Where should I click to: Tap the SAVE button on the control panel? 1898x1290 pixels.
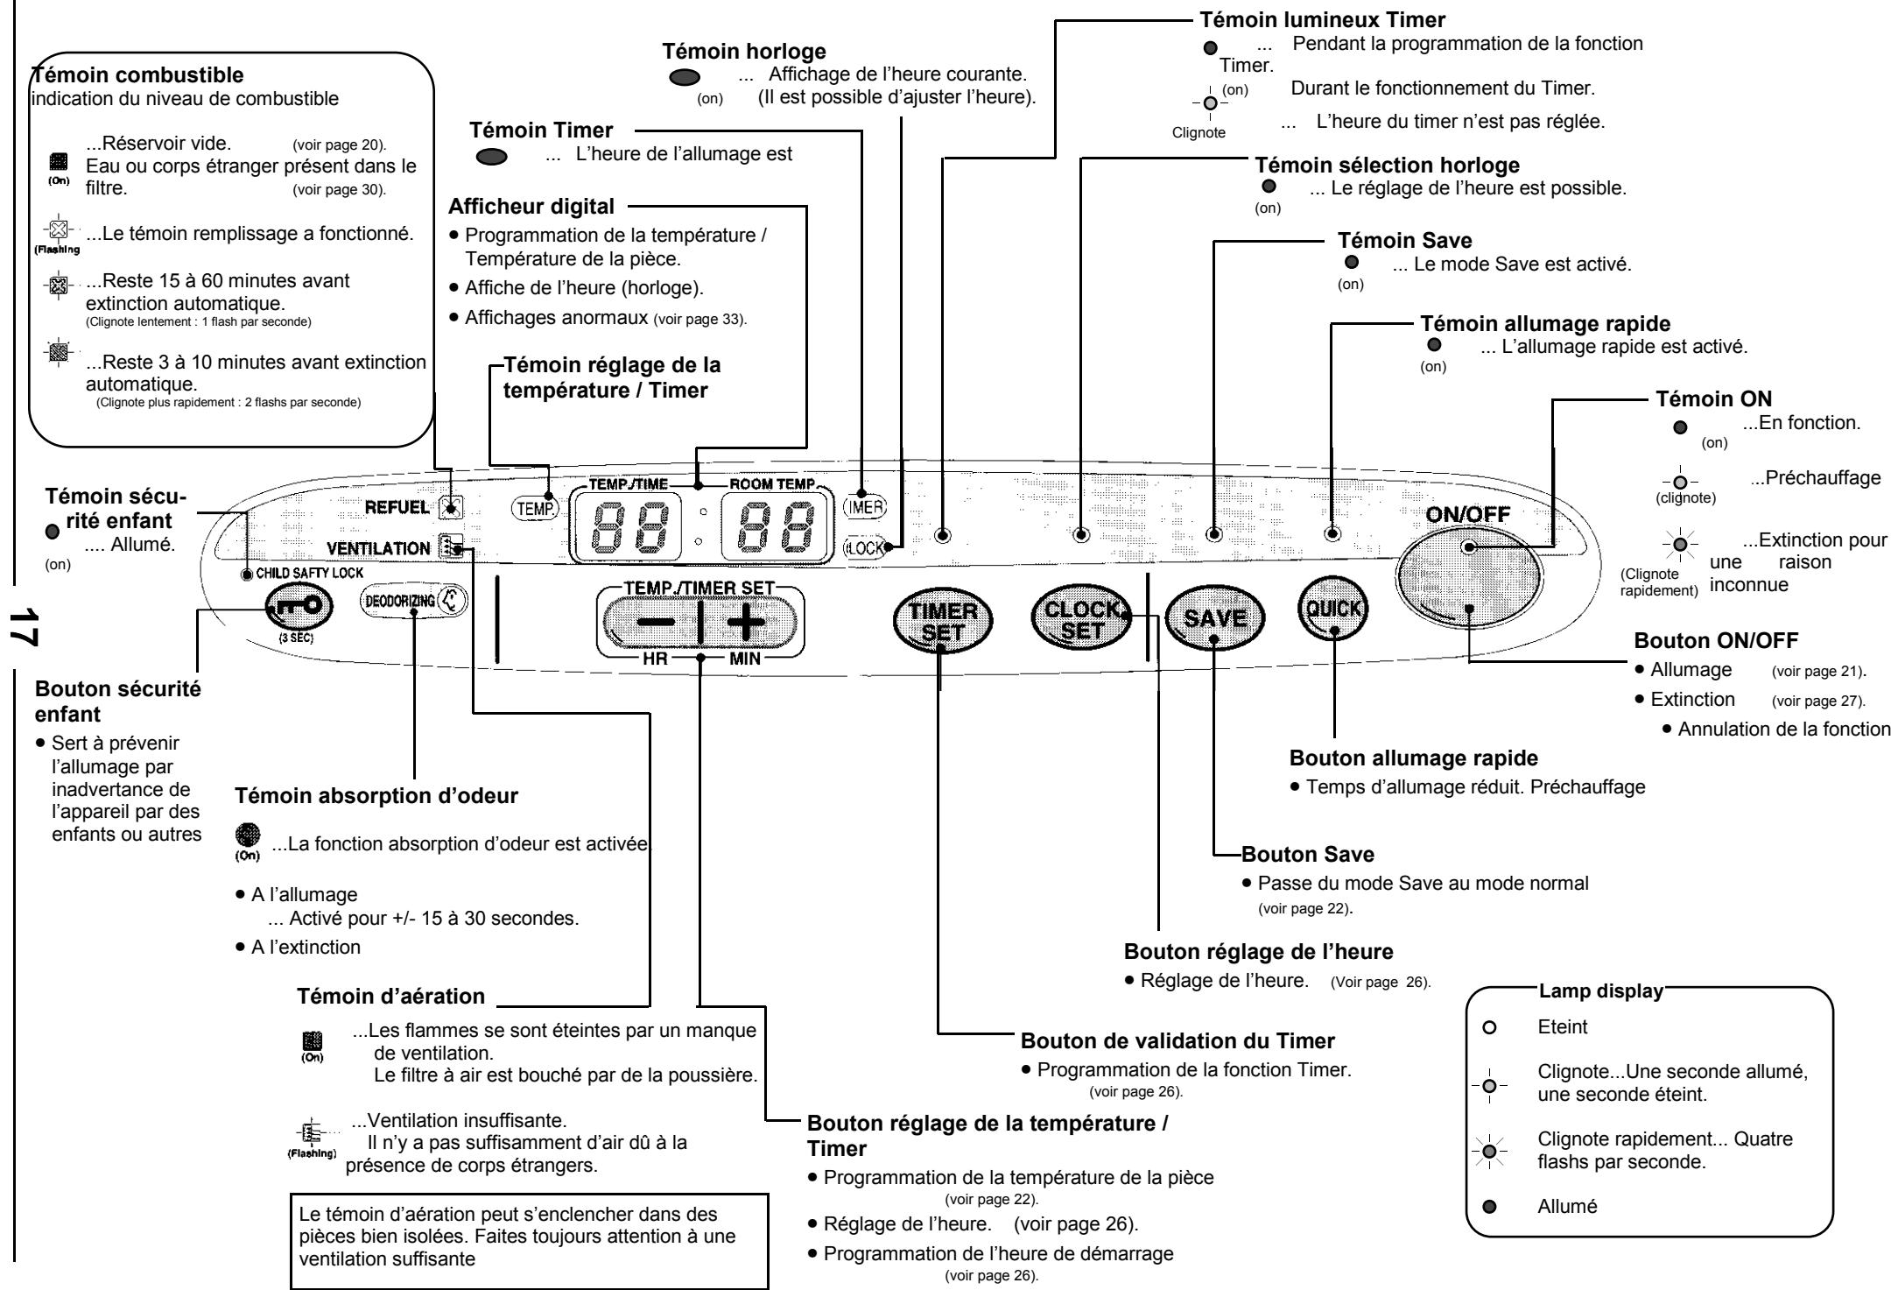point(1214,617)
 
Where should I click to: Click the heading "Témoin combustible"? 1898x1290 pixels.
point(137,75)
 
